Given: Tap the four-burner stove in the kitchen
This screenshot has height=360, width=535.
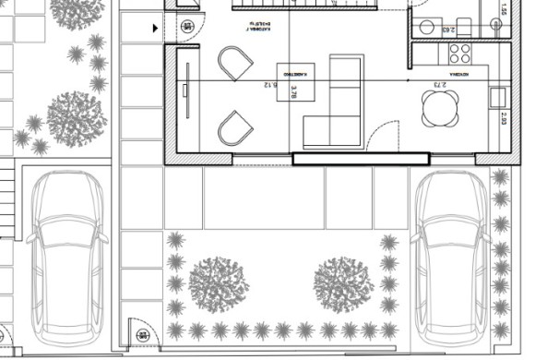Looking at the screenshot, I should [460, 53].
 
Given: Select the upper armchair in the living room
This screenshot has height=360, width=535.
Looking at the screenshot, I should [235, 64].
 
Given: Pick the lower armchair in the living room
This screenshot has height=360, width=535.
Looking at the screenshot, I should [234, 127].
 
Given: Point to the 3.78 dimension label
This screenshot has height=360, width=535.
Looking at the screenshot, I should [294, 91].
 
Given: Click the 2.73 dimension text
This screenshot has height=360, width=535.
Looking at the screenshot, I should [439, 86].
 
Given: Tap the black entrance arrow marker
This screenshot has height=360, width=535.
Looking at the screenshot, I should [155, 28].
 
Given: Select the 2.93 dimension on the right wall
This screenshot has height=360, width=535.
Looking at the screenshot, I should [504, 117].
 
